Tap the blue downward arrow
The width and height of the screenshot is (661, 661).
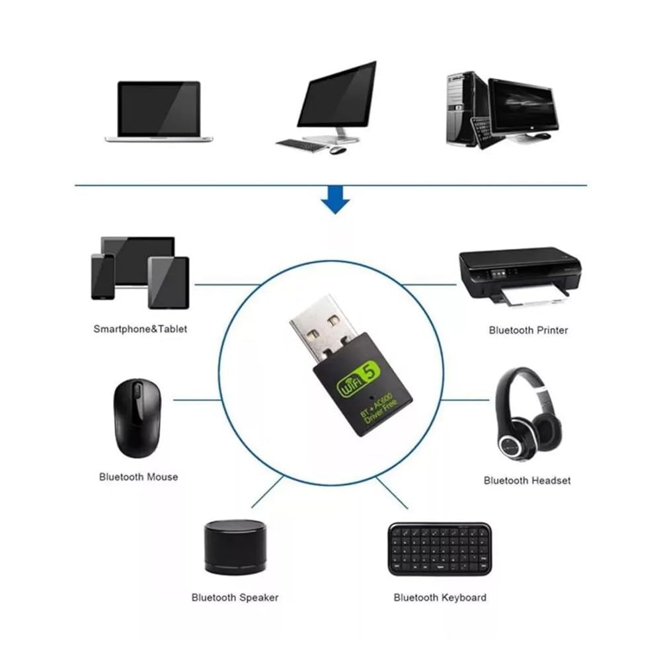pyautogui.click(x=336, y=201)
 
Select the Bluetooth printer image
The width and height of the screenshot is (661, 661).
pyautogui.click(x=520, y=274)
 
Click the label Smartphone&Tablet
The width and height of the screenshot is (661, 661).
pyautogui.click(x=140, y=329)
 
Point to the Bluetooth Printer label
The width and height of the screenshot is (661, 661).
pyautogui.click(x=528, y=330)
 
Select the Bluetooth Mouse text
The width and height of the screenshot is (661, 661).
pyautogui.click(x=138, y=476)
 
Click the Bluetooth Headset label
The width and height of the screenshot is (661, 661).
pyautogui.click(x=527, y=481)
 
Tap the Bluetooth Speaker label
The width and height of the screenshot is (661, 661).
pyautogui.click(x=235, y=598)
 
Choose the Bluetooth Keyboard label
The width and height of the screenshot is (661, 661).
pyautogui.click(x=440, y=598)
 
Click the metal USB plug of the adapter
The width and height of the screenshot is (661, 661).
pyautogui.click(x=323, y=329)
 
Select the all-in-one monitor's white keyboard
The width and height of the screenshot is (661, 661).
pyautogui.click(x=301, y=143)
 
